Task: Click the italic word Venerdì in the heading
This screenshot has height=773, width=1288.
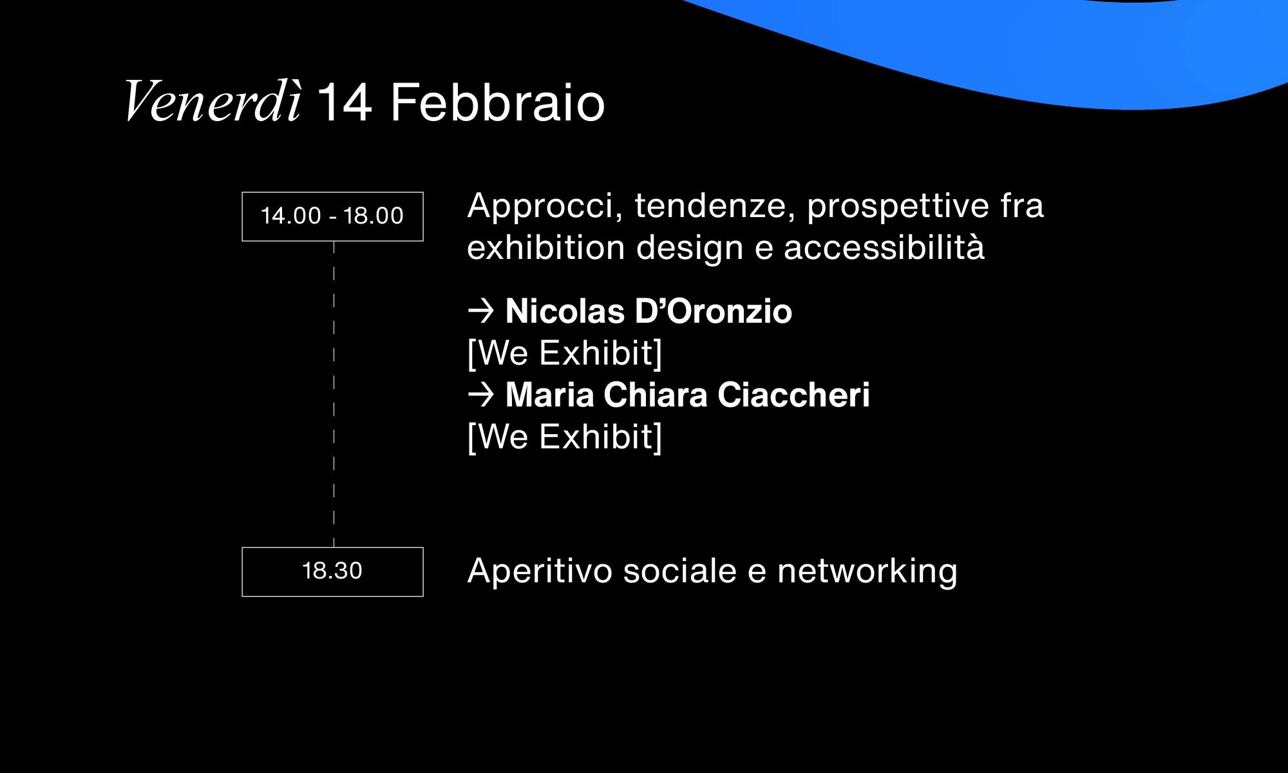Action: coord(213,102)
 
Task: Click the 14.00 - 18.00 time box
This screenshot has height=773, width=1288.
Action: coord(332,216)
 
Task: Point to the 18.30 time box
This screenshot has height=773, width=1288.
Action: coord(332,572)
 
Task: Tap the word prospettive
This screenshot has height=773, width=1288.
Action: coord(898,207)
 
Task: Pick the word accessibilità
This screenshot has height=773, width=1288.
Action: coord(884,247)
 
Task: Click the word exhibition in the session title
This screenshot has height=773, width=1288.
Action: coord(546,247)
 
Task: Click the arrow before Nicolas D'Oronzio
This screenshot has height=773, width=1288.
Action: coord(480,310)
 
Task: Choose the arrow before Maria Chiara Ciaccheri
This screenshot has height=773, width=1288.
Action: coord(480,394)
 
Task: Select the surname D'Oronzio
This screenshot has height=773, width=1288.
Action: coord(714,311)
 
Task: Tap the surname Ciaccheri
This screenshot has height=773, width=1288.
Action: coord(793,395)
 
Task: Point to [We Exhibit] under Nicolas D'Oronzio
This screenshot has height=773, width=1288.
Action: coord(565,354)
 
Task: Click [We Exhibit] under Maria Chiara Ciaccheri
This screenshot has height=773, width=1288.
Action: coord(565,437)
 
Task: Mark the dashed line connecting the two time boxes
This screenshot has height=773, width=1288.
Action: coord(334,394)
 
